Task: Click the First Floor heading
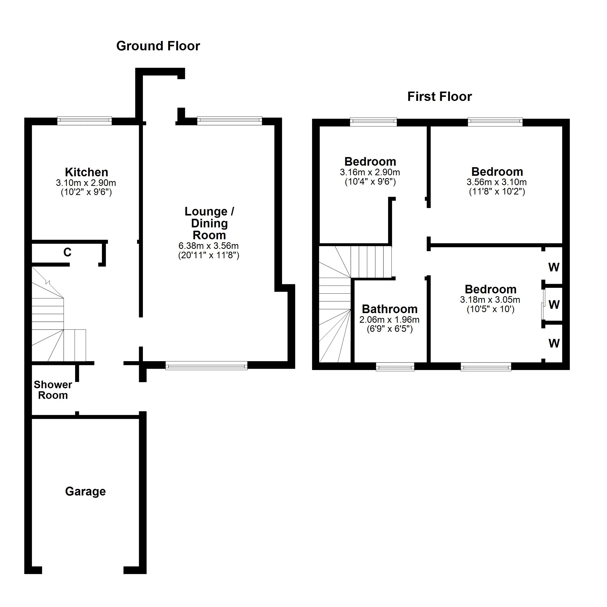click(439, 96)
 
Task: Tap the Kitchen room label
click(86, 172)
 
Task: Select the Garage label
click(85, 491)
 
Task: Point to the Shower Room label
click(53, 390)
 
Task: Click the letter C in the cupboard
click(67, 252)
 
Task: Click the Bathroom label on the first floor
click(389, 309)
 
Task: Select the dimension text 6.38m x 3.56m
click(209, 246)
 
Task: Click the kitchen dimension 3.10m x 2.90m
click(86, 183)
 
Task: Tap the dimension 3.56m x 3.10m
click(497, 182)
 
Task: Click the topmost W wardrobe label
click(554, 267)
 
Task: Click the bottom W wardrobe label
click(554, 343)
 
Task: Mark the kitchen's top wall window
click(84, 121)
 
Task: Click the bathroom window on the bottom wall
click(395, 367)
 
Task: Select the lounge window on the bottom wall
click(206, 365)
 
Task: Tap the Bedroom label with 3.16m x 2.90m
click(370, 162)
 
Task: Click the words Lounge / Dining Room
click(209, 223)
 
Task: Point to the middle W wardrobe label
click(554, 305)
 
